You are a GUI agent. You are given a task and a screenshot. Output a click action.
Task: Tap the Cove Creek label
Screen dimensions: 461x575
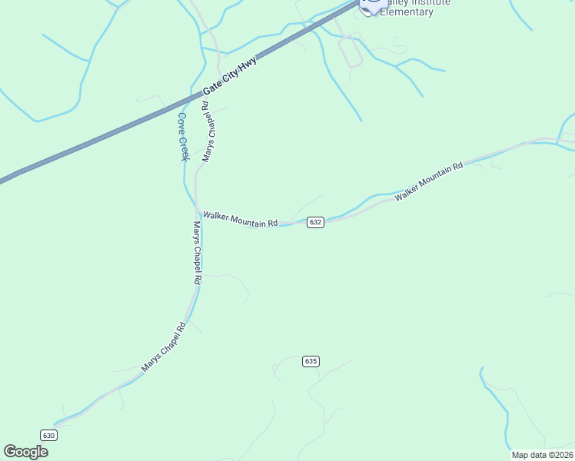(x=183, y=137)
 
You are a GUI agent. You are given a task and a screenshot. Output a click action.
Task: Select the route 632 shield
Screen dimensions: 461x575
(x=315, y=222)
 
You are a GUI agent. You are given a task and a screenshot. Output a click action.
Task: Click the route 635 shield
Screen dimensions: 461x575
(x=311, y=361)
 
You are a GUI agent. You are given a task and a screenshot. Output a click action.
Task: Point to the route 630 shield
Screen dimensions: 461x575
(x=49, y=435)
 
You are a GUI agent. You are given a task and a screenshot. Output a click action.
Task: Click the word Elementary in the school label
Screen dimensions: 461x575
(x=407, y=12)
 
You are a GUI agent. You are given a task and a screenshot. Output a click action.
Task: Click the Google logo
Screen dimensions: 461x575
(x=26, y=452)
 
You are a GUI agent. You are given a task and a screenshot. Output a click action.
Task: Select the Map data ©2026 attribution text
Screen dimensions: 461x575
(x=542, y=455)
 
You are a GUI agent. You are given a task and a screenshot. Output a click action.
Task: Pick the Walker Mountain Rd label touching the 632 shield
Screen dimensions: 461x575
(x=240, y=221)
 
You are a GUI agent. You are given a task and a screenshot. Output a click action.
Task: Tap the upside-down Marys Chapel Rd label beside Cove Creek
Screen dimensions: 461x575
(x=207, y=131)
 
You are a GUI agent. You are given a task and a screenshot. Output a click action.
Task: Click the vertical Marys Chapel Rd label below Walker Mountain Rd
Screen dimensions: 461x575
(x=197, y=254)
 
